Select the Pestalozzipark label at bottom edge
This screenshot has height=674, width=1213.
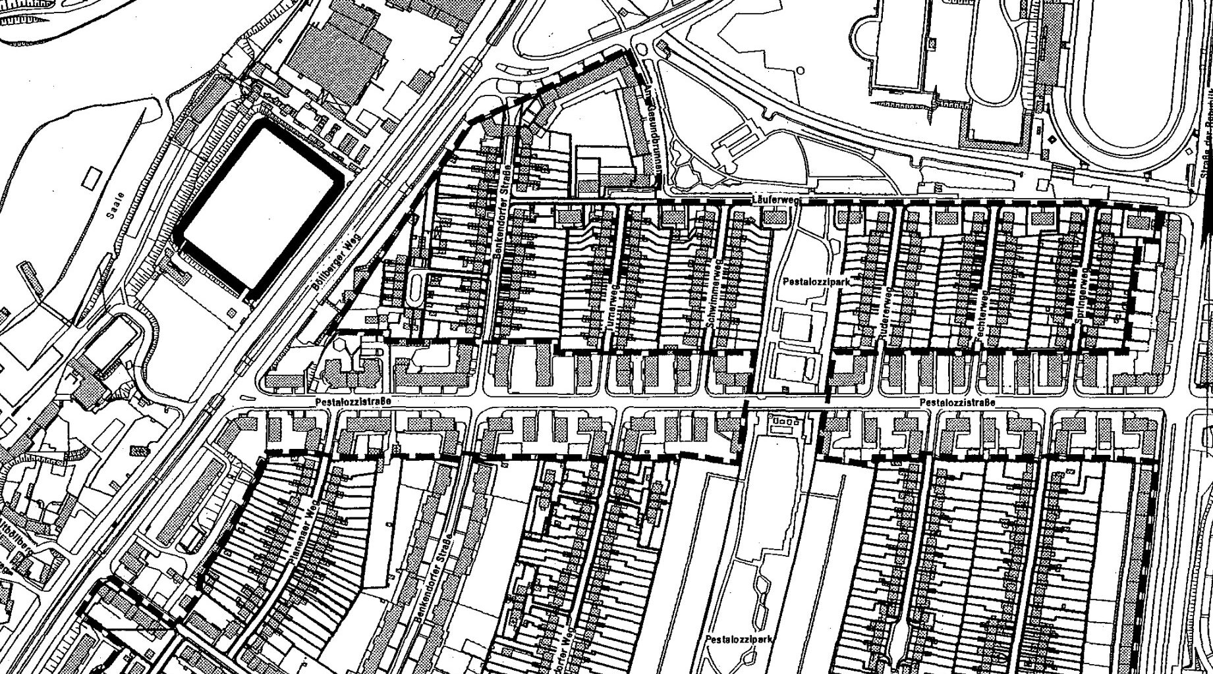(x=733, y=639)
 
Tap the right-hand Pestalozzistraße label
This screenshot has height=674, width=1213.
(x=957, y=402)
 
